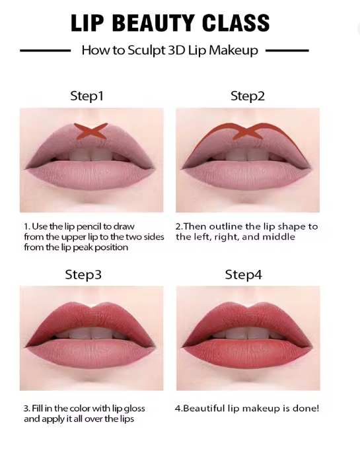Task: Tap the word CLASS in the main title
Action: (236, 22)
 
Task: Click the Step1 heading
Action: (87, 96)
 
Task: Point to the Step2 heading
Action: (248, 96)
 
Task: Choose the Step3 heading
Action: (83, 275)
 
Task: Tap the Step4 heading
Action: (244, 275)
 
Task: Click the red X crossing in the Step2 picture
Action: (248, 131)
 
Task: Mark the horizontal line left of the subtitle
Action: (45, 51)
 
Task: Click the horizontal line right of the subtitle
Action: (287, 51)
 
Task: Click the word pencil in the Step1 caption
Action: (89, 227)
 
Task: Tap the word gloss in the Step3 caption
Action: (134, 409)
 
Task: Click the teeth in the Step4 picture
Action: (248, 333)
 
